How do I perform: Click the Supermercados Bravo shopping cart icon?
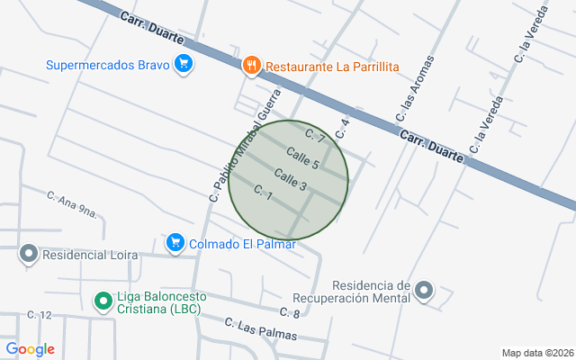tap(184, 64)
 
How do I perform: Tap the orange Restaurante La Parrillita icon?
tap(251, 65)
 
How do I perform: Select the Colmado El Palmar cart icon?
tap(175, 242)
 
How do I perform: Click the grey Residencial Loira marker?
tap(28, 255)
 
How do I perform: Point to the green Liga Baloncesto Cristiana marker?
tap(103, 300)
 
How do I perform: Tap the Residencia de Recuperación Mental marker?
tap(424, 290)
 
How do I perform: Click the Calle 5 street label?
tap(303, 159)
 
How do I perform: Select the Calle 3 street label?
tap(291, 178)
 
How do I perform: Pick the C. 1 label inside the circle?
tap(264, 192)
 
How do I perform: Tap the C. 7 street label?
tap(314, 136)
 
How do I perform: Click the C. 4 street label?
tap(342, 128)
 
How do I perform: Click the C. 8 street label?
tap(290, 313)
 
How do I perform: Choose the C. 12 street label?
tap(40, 315)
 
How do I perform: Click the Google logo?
tap(30, 349)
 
